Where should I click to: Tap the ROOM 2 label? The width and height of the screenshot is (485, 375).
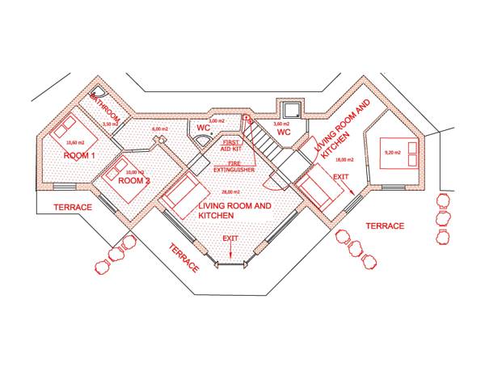tap(134, 180)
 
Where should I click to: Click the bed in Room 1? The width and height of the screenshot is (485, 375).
tap(64, 127)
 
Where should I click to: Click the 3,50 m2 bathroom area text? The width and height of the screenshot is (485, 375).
tap(110, 124)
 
